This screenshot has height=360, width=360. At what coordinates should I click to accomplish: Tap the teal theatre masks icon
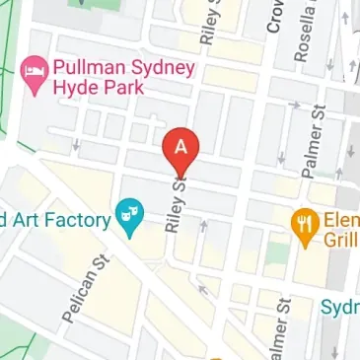click(127, 210)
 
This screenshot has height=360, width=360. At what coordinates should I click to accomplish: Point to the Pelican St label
click(85, 288)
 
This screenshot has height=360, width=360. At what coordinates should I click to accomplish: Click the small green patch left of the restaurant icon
click(277, 255)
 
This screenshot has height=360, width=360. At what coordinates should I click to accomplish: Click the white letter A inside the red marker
click(180, 146)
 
